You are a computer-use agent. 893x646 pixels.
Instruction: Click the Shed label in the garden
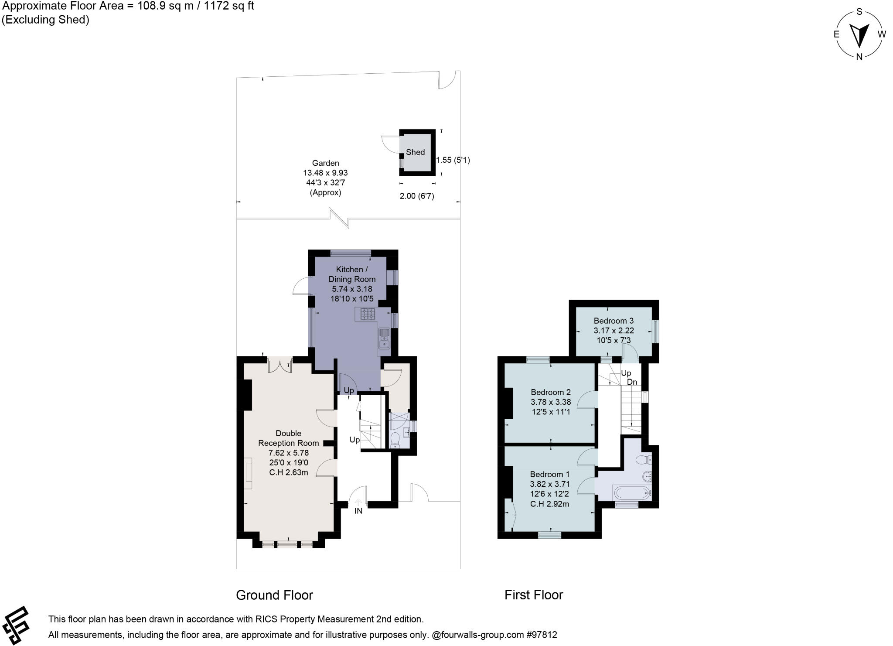(x=415, y=152)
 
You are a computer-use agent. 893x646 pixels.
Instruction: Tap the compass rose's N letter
(x=859, y=56)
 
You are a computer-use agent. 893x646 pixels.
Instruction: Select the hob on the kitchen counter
(x=368, y=314)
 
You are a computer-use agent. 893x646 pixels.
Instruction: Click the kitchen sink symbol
(x=385, y=338)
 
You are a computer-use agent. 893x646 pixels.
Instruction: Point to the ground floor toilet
(x=395, y=440)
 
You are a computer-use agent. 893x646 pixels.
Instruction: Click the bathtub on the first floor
(x=632, y=493)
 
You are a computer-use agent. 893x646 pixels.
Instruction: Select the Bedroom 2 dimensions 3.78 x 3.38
(x=550, y=402)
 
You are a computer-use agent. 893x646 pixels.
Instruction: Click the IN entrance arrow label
(x=358, y=511)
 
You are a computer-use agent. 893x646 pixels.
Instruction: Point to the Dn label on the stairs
(x=632, y=382)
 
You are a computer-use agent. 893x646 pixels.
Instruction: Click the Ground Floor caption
(x=274, y=595)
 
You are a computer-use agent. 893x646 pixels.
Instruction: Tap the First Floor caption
(x=533, y=595)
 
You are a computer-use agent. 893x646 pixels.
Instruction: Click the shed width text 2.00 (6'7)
(x=416, y=196)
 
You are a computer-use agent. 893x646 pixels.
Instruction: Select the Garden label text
(x=325, y=163)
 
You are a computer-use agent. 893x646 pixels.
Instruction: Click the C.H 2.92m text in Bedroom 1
(x=549, y=504)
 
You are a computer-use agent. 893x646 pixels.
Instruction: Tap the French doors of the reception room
(x=279, y=366)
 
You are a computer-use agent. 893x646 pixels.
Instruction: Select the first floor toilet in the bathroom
(x=643, y=459)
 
